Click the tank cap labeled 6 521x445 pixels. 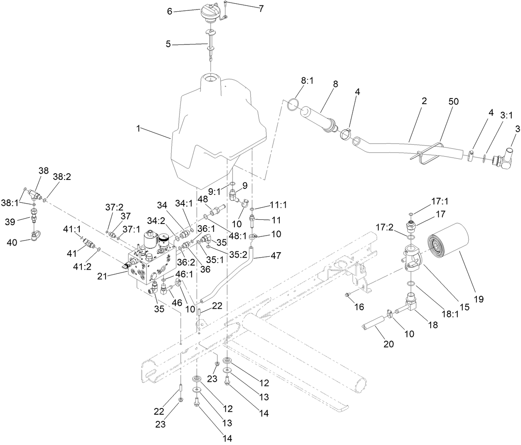click(x=207, y=14)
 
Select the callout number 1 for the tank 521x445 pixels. click(x=138, y=129)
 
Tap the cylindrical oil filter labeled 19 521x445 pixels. click(x=449, y=245)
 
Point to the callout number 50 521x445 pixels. click(x=453, y=102)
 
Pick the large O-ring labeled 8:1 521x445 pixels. click(x=292, y=105)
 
